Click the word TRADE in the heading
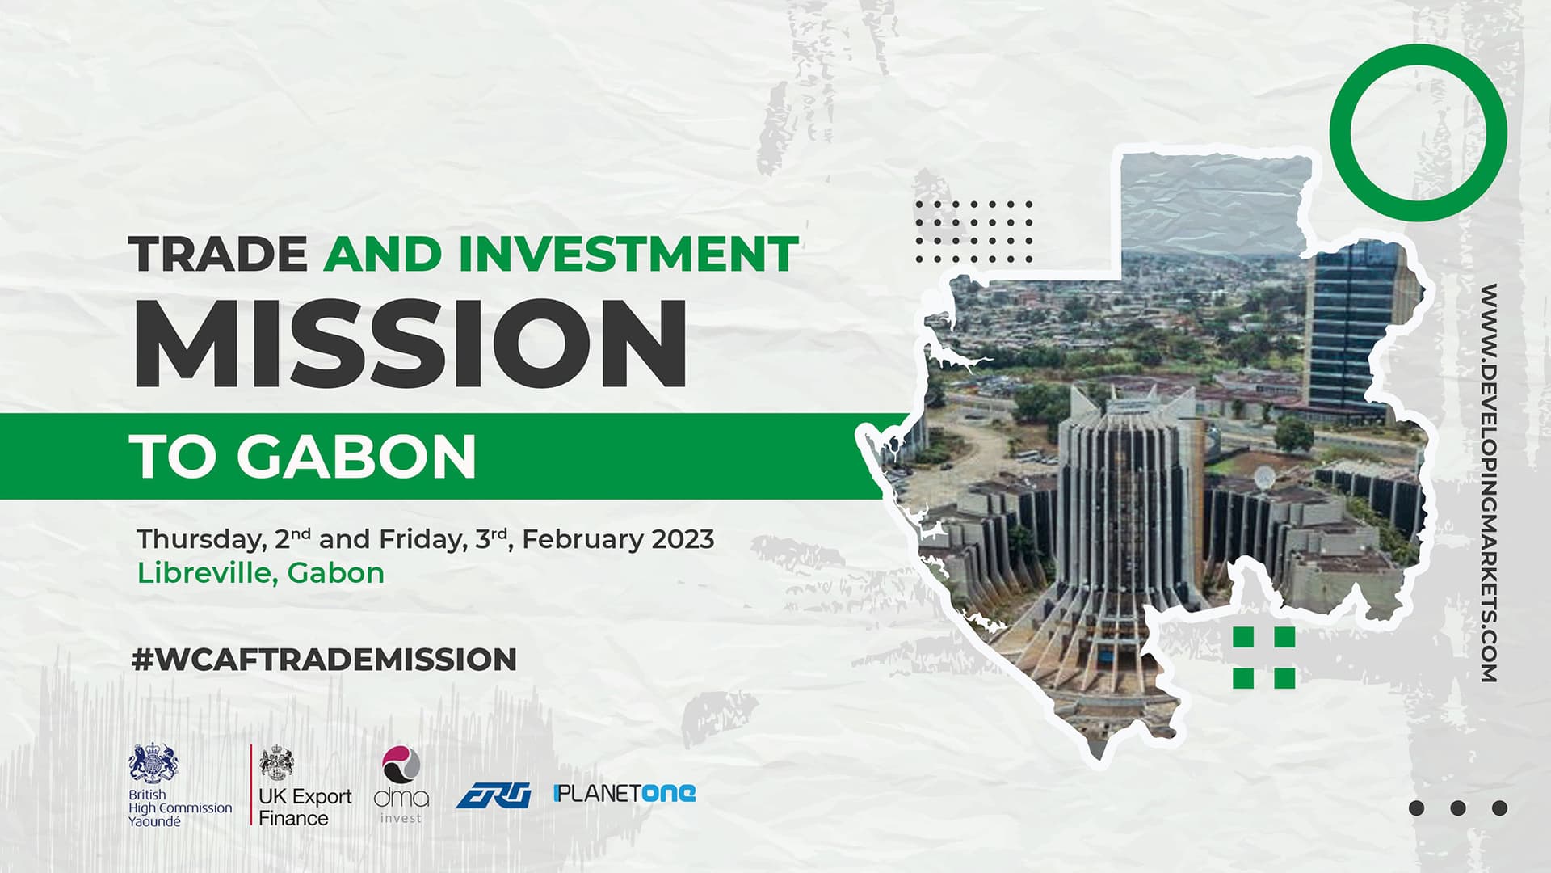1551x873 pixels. click(x=219, y=255)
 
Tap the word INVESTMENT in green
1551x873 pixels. click(x=628, y=255)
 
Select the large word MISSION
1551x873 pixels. click(x=410, y=344)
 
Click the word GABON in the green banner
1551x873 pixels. click(x=356, y=457)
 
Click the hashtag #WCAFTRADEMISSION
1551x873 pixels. click(x=324, y=660)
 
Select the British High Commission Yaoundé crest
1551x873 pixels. click(x=153, y=762)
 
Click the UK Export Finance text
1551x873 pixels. click(x=305, y=807)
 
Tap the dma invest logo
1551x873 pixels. click(x=401, y=784)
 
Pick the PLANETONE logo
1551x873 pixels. click(x=624, y=793)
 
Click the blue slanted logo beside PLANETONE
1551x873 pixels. click(x=494, y=796)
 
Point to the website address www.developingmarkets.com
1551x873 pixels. click(x=1489, y=483)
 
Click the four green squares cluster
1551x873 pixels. click(x=1264, y=657)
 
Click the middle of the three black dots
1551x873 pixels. click(x=1458, y=808)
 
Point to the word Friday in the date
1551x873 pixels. click(x=422, y=539)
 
